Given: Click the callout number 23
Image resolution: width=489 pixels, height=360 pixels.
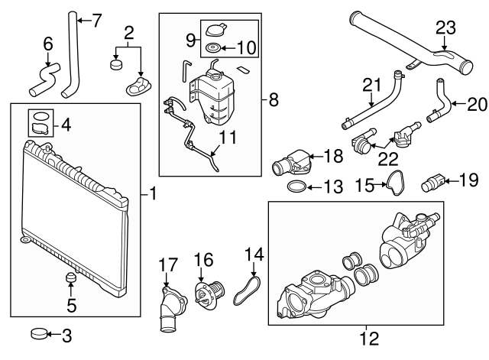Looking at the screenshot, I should pos(445,28).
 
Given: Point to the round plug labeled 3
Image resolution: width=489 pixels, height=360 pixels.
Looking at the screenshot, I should pos(38,333).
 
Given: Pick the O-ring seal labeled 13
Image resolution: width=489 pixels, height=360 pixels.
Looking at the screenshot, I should pos(299,186).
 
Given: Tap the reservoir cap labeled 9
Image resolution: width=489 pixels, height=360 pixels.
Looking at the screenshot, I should pos(212,31).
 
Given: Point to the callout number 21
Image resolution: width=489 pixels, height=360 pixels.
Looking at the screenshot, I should pos(371,83).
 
